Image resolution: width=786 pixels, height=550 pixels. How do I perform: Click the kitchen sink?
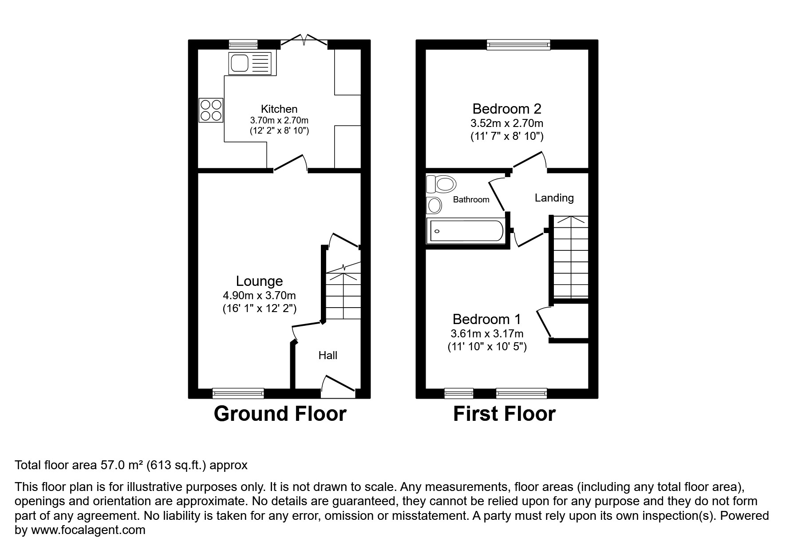pyautogui.click(x=250, y=63)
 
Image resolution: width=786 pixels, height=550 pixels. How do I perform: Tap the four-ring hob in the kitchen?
pyautogui.click(x=211, y=110)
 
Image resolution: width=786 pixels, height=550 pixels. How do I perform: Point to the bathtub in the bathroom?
pyautogui.click(x=465, y=231)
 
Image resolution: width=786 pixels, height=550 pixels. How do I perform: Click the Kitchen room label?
pyautogui.click(x=279, y=109)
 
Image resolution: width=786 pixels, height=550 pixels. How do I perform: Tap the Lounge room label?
pyautogui.click(x=259, y=281)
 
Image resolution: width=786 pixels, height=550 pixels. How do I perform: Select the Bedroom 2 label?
pyautogui.click(x=507, y=109)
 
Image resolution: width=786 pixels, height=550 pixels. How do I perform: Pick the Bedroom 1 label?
pyautogui.click(x=487, y=319)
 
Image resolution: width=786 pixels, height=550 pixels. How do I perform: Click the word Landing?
pyautogui.click(x=554, y=198)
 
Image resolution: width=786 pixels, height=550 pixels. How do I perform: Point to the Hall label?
pyautogui.click(x=328, y=355)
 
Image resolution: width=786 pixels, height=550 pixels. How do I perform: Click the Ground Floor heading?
pyautogui.click(x=280, y=414)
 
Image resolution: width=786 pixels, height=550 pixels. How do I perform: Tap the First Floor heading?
pyautogui.click(x=504, y=414)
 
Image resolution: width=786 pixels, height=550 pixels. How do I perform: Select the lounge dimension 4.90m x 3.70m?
pyautogui.click(x=259, y=296)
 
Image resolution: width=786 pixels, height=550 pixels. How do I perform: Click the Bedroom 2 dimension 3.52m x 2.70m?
pyautogui.click(x=507, y=123)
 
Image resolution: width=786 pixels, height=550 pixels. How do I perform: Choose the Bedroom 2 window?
pyautogui.click(x=518, y=44)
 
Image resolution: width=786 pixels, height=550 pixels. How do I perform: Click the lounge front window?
pyautogui.click(x=238, y=393)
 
